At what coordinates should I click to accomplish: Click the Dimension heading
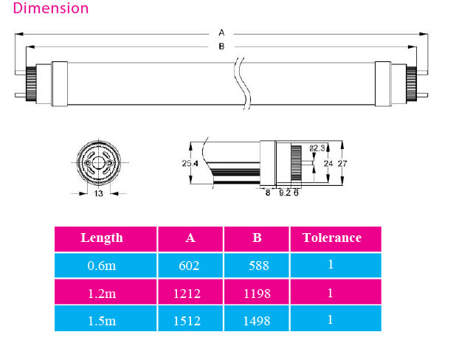(x=51, y=9)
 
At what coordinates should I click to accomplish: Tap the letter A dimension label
(x=221, y=32)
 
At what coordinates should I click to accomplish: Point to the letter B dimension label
(x=221, y=46)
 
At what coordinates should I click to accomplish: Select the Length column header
(x=102, y=238)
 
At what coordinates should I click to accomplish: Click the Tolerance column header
(x=331, y=238)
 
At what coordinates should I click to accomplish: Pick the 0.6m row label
(x=102, y=265)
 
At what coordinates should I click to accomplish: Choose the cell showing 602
(x=190, y=265)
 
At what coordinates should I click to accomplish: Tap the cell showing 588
(x=256, y=265)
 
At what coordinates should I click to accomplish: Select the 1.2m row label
(x=102, y=293)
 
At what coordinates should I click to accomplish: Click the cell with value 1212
(x=190, y=293)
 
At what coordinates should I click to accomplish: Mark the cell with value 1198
(x=256, y=293)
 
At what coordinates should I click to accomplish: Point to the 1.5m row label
(x=102, y=320)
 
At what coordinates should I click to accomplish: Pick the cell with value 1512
(x=190, y=320)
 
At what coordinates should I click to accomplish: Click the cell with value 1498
(x=256, y=320)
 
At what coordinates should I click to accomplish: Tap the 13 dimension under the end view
(x=98, y=193)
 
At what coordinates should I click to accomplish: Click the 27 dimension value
(x=342, y=164)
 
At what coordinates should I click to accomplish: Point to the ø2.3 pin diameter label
(x=317, y=148)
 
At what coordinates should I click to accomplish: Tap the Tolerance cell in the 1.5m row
(x=330, y=320)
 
